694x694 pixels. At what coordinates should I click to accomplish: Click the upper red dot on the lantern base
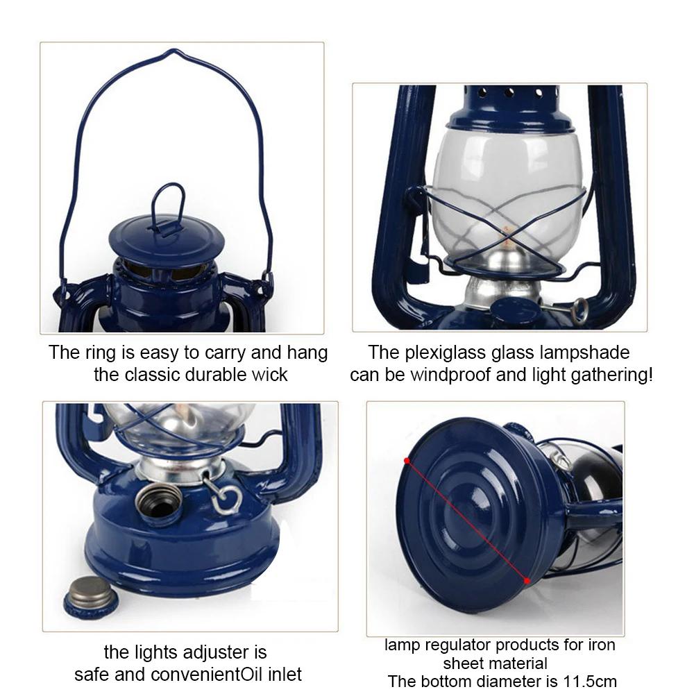click(x=406, y=460)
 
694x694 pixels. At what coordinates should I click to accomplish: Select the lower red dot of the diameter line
click(x=527, y=580)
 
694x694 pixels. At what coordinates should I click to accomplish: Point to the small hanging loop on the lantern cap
click(x=169, y=202)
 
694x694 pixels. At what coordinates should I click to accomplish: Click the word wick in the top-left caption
click(x=271, y=375)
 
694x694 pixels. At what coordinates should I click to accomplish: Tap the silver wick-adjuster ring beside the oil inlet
click(x=227, y=497)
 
